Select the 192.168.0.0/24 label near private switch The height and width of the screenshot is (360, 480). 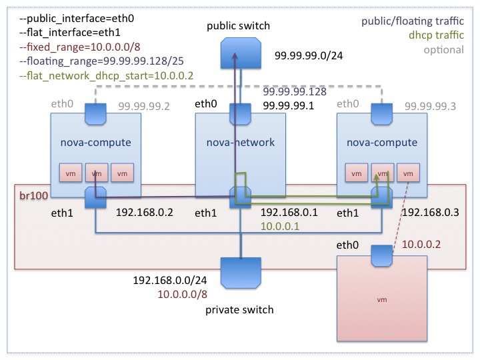coord(169,280)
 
